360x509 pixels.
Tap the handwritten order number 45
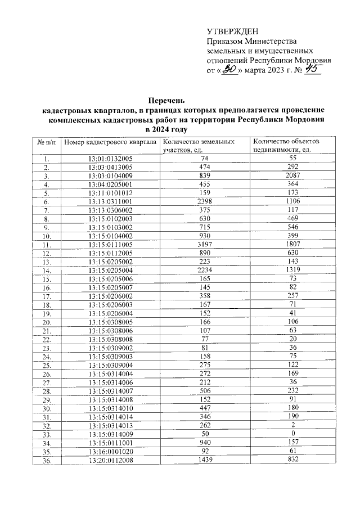pos(312,69)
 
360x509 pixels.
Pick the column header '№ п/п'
pos(47,142)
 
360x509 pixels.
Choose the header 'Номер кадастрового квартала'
pos(110,142)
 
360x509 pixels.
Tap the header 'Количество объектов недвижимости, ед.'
pos(286,146)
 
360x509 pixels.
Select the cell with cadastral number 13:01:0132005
pos(110,159)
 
